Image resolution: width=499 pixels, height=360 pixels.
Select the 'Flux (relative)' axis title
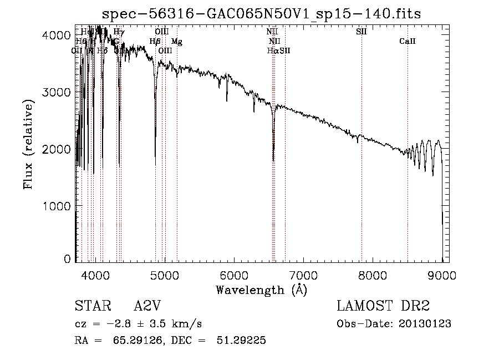(x=28, y=144)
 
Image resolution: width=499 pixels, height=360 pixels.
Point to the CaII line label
(x=408, y=41)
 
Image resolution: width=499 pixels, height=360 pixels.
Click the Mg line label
(x=176, y=41)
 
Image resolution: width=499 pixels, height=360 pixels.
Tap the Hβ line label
(x=155, y=41)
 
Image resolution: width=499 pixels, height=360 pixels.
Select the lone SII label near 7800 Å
(x=361, y=32)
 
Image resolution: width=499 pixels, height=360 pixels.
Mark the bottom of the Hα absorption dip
(x=273, y=160)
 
